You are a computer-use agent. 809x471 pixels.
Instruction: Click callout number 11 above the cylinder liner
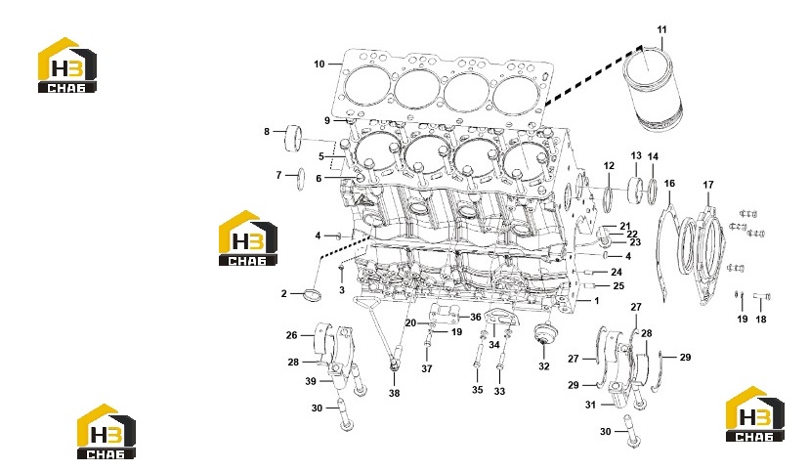pyautogui.click(x=661, y=29)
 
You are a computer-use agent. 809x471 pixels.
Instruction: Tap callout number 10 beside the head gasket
pyautogui.click(x=319, y=64)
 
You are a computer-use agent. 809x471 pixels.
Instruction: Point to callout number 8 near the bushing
pyautogui.click(x=267, y=132)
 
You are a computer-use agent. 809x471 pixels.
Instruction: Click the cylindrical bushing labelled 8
pyautogui.click(x=294, y=138)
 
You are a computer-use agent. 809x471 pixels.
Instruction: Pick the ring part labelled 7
pyautogui.click(x=300, y=179)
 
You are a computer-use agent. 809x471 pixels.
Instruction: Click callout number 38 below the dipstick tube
pyautogui.click(x=394, y=393)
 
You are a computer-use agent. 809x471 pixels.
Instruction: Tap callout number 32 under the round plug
pyautogui.click(x=544, y=366)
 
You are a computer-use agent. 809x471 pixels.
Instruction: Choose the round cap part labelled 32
pyautogui.click(x=543, y=333)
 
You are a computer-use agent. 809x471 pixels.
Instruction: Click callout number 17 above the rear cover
pyautogui.click(x=708, y=184)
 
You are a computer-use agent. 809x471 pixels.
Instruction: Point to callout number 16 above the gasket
pyautogui.click(x=669, y=183)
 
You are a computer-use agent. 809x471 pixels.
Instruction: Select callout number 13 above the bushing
pyautogui.click(x=636, y=155)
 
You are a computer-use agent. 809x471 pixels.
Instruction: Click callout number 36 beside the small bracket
pyautogui.click(x=475, y=317)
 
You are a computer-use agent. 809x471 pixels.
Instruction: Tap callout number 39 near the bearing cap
pyautogui.click(x=310, y=381)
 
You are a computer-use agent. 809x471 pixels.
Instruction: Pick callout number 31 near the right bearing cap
pyautogui.click(x=591, y=405)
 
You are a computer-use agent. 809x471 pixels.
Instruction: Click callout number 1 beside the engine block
pyautogui.click(x=597, y=300)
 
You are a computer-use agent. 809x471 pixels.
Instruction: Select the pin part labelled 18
pyautogui.click(x=761, y=297)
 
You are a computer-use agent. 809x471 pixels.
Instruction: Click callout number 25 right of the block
pyautogui.click(x=618, y=285)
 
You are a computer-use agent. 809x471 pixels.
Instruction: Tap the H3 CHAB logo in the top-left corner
pyautogui.click(x=67, y=65)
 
